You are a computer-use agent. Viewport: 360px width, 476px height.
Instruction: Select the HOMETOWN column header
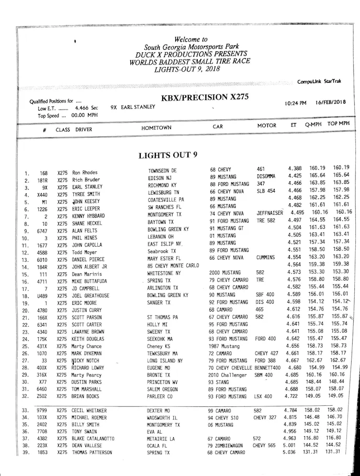tap(156, 128)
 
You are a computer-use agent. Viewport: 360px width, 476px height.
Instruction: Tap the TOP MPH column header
tap(339, 124)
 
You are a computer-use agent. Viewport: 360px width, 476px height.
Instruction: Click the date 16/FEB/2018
tap(331, 102)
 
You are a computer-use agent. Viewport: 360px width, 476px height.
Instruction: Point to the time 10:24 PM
tap(296, 103)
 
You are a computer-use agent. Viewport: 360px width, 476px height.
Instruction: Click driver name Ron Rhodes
tap(85, 172)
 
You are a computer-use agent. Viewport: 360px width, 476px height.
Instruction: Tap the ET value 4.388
tap(295, 168)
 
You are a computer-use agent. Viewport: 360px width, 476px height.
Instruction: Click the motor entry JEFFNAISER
tap(269, 213)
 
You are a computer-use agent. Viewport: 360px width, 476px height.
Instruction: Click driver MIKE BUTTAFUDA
tap(89, 281)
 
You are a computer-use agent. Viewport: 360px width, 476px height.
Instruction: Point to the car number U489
tap(42, 296)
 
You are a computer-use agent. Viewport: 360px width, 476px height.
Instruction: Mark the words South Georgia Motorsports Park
tap(191, 47)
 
